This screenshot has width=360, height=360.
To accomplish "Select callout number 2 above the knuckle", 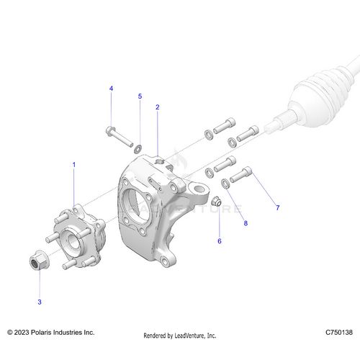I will click(157, 107).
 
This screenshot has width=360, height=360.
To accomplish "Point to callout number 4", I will click(111, 88).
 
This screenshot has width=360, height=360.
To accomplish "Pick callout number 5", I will click(140, 96).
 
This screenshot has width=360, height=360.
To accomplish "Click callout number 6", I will click(220, 241).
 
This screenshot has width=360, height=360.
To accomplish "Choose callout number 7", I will click(277, 208).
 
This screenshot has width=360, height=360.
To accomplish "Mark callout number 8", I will click(245, 224).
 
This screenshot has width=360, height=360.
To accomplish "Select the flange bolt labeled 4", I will click(116, 135).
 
